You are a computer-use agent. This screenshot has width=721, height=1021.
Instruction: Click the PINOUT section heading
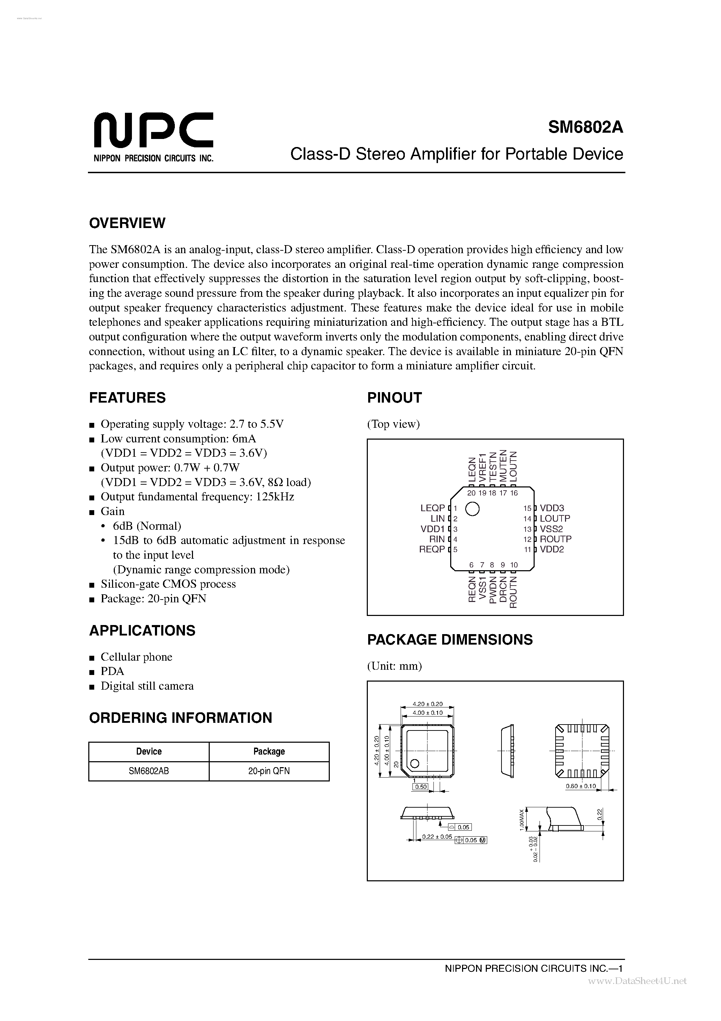coord(394,398)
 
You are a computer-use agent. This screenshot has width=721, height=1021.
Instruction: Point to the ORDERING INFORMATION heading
coord(180,718)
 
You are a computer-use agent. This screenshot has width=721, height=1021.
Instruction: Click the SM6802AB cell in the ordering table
coord(148,771)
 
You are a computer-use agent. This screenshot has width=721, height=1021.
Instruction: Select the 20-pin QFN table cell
coord(269,771)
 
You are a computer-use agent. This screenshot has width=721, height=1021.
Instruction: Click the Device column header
coord(148,751)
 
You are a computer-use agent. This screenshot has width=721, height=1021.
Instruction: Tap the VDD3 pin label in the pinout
coord(552,508)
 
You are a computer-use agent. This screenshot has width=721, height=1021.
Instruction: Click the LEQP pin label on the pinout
coord(432,508)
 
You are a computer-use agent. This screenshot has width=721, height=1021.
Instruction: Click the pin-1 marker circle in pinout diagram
coord(472,509)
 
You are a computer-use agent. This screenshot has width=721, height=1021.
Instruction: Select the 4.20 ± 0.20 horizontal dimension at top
coord(427,704)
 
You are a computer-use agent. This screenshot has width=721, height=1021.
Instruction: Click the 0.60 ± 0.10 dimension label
coord(580,786)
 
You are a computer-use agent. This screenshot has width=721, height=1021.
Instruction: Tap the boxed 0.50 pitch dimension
coord(420,787)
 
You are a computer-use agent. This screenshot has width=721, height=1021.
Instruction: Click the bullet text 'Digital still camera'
coord(147,686)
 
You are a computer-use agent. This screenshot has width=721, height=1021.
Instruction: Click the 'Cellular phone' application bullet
coord(136,657)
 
